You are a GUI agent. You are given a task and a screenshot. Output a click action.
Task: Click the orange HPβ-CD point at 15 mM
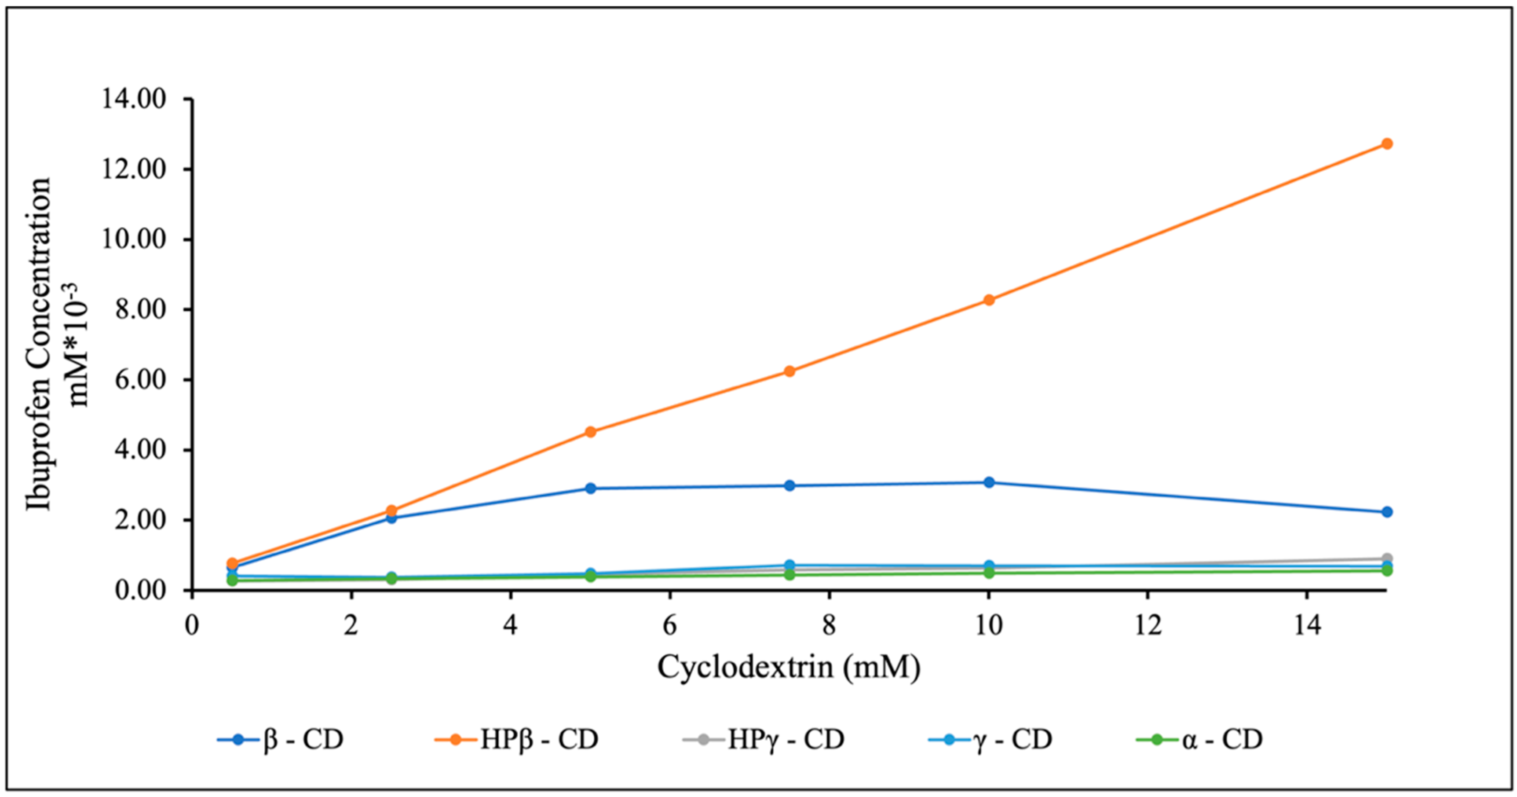point(1386,144)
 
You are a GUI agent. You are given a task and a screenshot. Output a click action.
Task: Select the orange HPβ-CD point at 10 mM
point(989,300)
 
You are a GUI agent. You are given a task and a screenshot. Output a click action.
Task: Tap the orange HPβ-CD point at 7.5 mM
point(790,371)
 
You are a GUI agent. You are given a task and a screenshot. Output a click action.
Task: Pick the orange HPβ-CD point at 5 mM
point(591,432)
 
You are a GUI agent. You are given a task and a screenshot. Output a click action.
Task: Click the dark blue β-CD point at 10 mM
point(989,482)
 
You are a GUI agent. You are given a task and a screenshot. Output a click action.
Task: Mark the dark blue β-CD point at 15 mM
point(1386,512)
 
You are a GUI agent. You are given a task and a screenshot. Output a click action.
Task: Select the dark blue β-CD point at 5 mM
point(591,488)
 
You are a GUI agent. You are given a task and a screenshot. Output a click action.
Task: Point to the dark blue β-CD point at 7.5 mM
point(790,485)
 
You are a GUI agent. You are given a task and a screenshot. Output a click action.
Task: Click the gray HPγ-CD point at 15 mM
point(1386,558)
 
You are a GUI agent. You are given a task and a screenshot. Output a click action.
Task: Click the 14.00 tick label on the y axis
point(134,99)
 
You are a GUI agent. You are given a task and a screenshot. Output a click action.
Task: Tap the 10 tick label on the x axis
point(989,625)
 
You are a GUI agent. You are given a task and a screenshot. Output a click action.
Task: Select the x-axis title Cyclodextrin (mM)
point(789,668)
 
